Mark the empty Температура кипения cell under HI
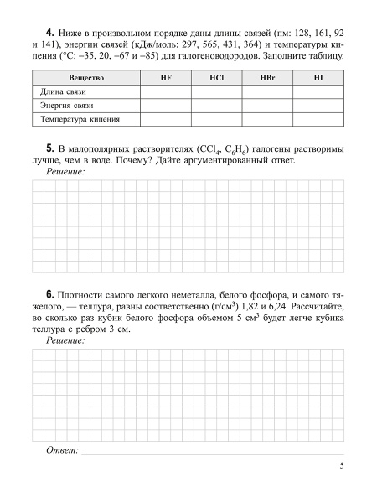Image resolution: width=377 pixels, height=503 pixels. coord(318,120)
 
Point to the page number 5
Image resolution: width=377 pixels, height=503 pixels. coord(341,466)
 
